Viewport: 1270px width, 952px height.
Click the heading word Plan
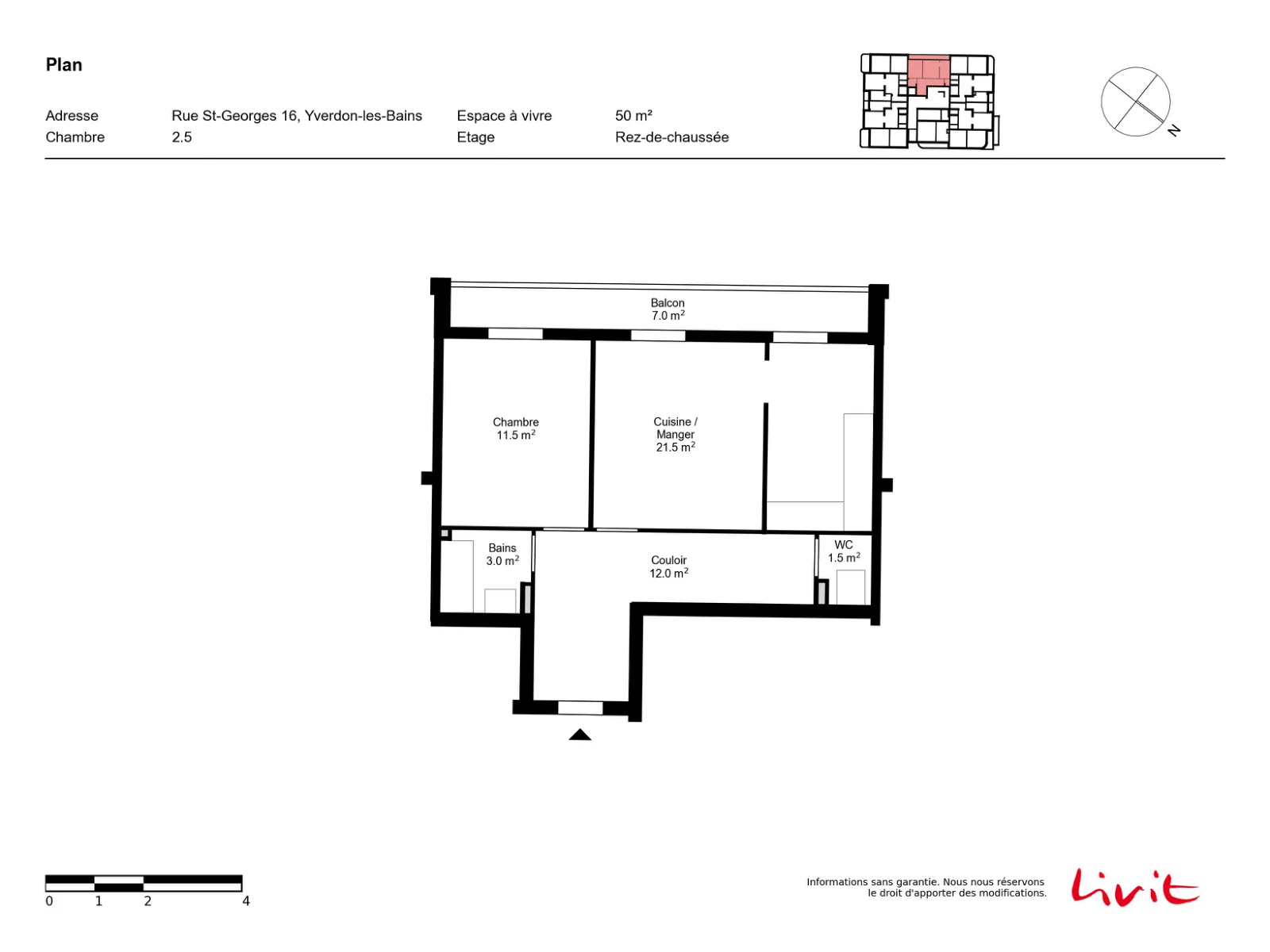click(x=63, y=65)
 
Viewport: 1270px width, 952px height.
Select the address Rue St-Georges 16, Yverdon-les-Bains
click(x=296, y=116)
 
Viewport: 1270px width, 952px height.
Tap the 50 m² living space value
click(x=633, y=116)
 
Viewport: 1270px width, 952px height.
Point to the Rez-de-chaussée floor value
click(x=672, y=137)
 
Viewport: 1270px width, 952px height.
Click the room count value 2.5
click(x=182, y=137)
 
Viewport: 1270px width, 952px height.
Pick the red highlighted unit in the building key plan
click(x=928, y=74)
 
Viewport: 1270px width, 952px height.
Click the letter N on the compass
click(x=1173, y=131)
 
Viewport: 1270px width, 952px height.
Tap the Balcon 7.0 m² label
click(x=668, y=309)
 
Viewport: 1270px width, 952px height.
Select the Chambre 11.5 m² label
click(x=515, y=428)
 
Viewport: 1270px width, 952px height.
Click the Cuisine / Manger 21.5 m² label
click(x=675, y=434)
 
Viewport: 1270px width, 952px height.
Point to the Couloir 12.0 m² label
click(x=668, y=566)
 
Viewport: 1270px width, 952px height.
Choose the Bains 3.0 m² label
click(x=502, y=554)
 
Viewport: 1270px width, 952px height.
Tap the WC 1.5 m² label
click(x=843, y=551)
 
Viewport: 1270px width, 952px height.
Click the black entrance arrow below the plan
click(x=579, y=735)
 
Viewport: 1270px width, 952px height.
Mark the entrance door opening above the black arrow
click(x=579, y=708)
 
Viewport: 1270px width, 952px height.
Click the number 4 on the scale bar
click(x=246, y=900)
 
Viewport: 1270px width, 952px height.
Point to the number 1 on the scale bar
click(x=99, y=900)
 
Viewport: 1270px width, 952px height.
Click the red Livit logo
click(x=1134, y=887)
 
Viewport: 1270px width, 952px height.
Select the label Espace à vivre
click(x=504, y=116)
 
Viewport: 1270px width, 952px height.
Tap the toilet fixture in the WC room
click(x=851, y=587)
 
